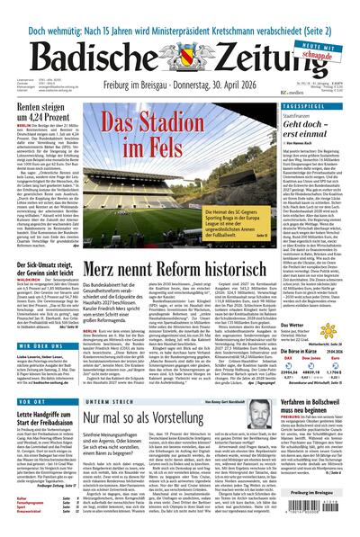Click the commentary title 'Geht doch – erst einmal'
[x=321, y=129]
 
